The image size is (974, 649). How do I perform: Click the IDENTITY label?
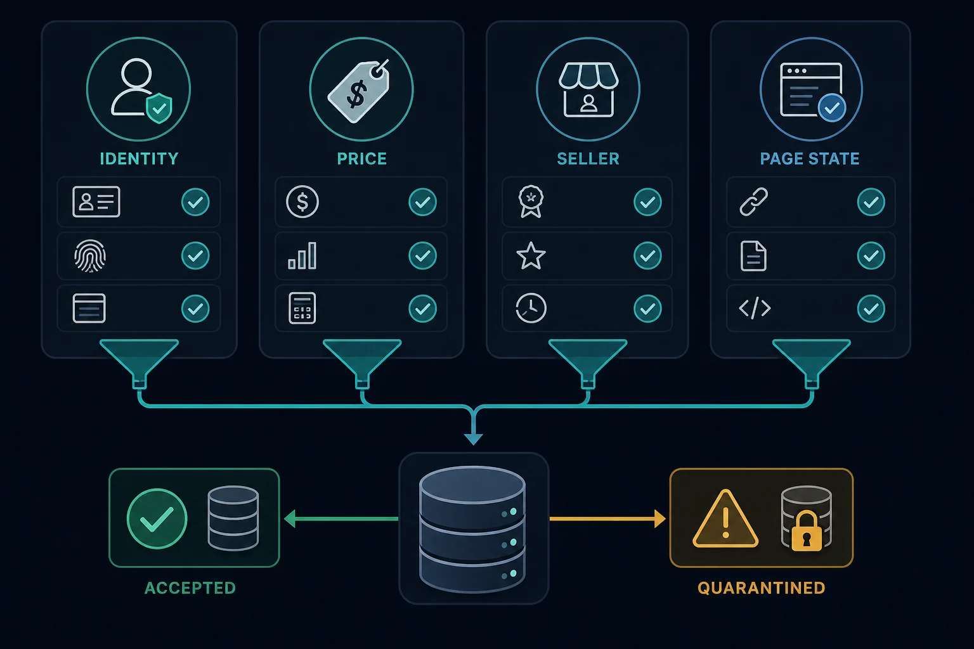click(139, 158)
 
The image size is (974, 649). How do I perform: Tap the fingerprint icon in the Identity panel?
click(90, 255)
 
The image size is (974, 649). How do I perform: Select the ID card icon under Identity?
click(96, 202)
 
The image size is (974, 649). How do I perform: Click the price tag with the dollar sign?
click(359, 91)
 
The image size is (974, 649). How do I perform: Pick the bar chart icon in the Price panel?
click(302, 255)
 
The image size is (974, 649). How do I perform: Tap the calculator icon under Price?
click(302, 309)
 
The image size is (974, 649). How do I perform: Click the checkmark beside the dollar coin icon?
click(423, 202)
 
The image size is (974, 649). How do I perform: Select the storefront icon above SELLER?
click(588, 90)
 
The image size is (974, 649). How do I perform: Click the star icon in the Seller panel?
click(531, 256)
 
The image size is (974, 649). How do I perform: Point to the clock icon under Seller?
click(531, 308)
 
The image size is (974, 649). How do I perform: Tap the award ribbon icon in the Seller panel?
click(531, 202)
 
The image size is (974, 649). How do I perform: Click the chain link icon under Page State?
click(754, 202)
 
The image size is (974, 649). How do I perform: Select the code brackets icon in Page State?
click(755, 308)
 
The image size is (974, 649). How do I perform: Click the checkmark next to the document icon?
click(871, 255)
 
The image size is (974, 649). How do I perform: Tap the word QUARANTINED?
click(762, 588)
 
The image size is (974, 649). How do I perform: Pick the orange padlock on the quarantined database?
click(807, 531)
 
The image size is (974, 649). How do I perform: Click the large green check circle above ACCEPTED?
click(157, 518)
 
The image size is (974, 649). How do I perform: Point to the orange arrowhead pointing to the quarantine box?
click(660, 518)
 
